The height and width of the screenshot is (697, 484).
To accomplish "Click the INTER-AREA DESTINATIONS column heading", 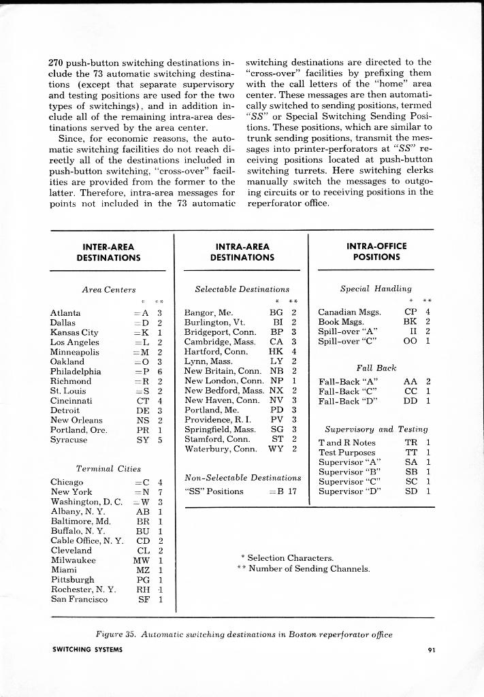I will point(108,252).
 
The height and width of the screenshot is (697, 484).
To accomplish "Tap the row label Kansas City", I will point(74,333).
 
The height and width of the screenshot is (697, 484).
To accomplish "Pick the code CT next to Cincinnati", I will point(142,401).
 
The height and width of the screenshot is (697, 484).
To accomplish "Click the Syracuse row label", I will point(69,440).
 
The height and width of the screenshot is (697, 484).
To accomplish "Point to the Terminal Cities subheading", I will point(108,468).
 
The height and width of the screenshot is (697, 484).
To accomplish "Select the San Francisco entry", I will point(79,600).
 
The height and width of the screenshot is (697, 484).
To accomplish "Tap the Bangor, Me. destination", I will point(208,313).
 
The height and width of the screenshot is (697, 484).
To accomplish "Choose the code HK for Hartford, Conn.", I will point(276,352).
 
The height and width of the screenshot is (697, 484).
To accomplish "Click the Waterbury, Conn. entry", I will point(221,449).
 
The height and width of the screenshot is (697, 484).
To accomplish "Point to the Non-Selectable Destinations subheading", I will point(243,478).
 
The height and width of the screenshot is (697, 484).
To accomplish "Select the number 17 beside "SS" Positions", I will point(291,491).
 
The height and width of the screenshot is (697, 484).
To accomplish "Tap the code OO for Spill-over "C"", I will point(410,342).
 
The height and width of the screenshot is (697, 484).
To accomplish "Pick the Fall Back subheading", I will point(376,368).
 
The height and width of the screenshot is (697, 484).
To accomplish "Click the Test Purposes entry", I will point(346,452).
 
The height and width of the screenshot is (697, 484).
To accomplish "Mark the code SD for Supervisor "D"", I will point(411,491).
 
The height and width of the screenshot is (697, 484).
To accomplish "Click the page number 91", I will point(431,649).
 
